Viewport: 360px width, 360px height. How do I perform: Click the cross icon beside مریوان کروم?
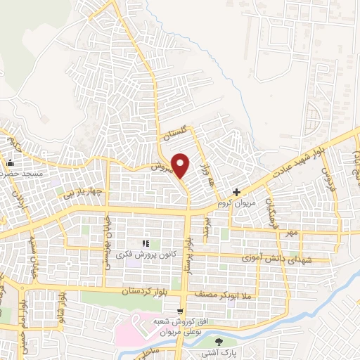237,191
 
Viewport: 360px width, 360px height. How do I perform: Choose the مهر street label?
291,231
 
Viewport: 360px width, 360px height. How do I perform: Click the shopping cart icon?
180,309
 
